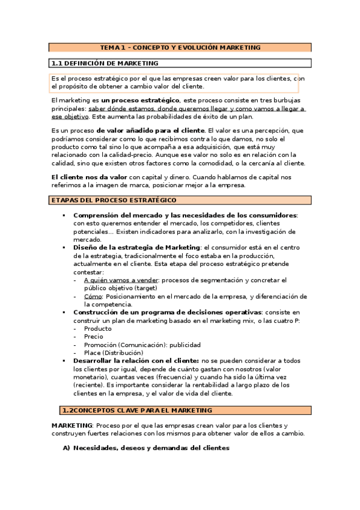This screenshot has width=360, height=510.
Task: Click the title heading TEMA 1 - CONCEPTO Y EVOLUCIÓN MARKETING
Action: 180,47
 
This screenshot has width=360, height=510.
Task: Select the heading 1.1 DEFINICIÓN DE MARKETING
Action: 105,63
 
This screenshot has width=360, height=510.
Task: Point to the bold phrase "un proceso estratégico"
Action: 141,99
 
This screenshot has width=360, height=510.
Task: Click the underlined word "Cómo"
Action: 93,296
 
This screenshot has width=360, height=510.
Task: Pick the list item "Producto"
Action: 97,329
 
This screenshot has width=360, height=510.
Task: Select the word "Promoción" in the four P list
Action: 101,345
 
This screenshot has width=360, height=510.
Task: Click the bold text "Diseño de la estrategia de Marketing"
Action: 136,247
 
